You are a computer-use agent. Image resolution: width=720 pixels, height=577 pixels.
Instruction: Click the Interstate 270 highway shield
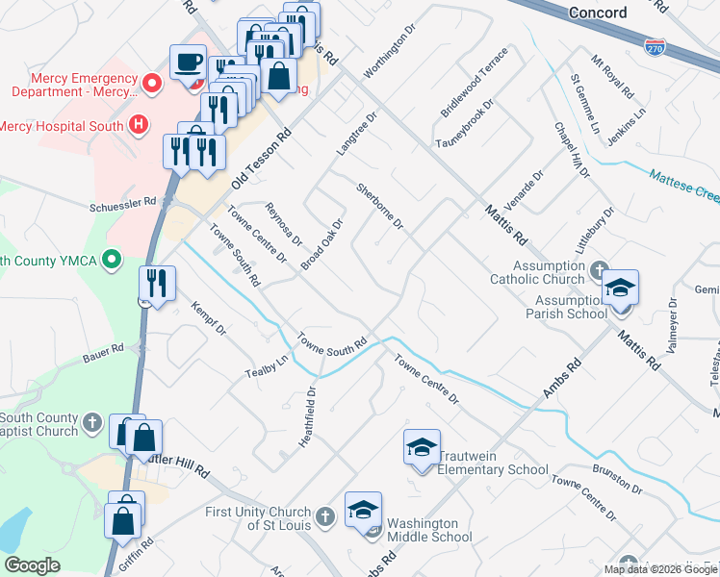pos(654,46)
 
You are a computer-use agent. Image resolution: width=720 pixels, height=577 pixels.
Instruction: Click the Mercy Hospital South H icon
pos(139,125)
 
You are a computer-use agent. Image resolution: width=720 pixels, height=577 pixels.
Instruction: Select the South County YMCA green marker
pos(112,260)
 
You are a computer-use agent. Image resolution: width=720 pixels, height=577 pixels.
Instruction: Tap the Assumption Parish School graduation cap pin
pos(621,288)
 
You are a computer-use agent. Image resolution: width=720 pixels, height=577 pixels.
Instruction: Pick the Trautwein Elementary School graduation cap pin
pos(422,448)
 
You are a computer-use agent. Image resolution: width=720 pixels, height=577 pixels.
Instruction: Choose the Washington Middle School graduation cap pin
pos(364,511)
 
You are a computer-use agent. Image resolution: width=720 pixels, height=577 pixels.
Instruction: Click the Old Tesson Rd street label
pos(259,159)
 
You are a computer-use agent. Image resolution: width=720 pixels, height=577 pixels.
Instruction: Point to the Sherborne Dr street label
pos(379,205)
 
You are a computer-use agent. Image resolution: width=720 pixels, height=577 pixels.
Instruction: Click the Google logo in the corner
pos(32,565)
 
